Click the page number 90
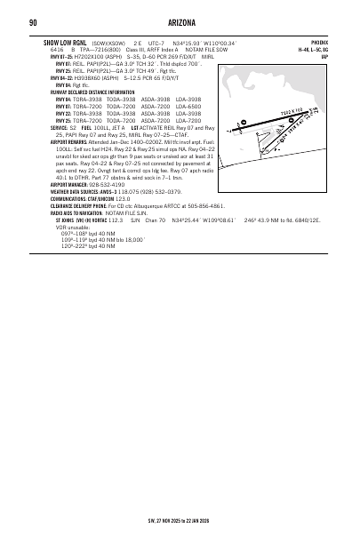click(32, 22)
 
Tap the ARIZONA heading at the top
click(180, 22)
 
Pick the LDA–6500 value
click(200, 106)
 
